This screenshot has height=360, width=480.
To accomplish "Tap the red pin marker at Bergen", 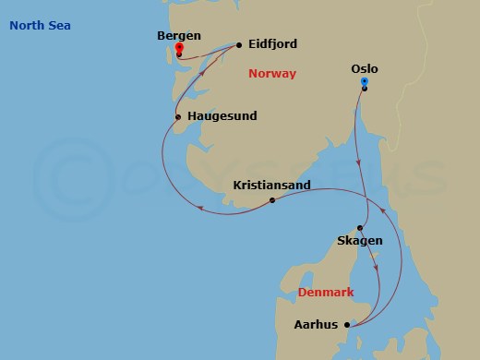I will [178, 49].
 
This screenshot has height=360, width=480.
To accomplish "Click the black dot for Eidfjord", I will [239, 44].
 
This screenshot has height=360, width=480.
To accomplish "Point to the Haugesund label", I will [222, 116].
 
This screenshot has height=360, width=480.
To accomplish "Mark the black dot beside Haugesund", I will [178, 117].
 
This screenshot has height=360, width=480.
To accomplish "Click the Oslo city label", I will [365, 68].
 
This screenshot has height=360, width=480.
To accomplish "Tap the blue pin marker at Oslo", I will [365, 83].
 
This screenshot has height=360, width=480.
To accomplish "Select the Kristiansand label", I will [271, 186].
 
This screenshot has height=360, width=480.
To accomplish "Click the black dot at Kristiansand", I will [271, 200].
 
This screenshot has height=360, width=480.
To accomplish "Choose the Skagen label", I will [360, 241].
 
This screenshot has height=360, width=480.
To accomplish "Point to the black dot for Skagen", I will [361, 228].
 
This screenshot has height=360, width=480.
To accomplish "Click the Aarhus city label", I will [315, 325].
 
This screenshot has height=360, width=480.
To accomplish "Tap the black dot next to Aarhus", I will [347, 325].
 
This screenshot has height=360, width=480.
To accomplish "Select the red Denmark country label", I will [326, 293].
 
